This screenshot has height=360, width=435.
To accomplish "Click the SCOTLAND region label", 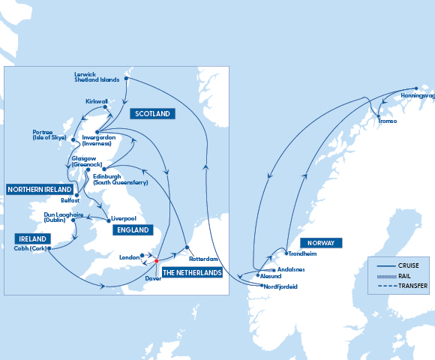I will (152, 114).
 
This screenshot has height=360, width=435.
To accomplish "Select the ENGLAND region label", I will (129, 229).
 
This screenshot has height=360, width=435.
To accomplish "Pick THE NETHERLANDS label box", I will (192, 273).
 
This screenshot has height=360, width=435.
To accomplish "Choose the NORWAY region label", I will (321, 243).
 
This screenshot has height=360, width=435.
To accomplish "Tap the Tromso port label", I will (386, 121).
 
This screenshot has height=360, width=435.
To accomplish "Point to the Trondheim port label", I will (302, 253).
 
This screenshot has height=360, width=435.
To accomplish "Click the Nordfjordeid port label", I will (281, 286).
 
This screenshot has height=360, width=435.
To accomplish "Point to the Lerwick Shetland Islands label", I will (97, 77).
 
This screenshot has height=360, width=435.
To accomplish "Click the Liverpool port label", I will (123, 219).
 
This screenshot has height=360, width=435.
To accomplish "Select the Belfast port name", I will (70, 201).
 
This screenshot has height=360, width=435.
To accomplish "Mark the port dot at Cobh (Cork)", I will (49, 248).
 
